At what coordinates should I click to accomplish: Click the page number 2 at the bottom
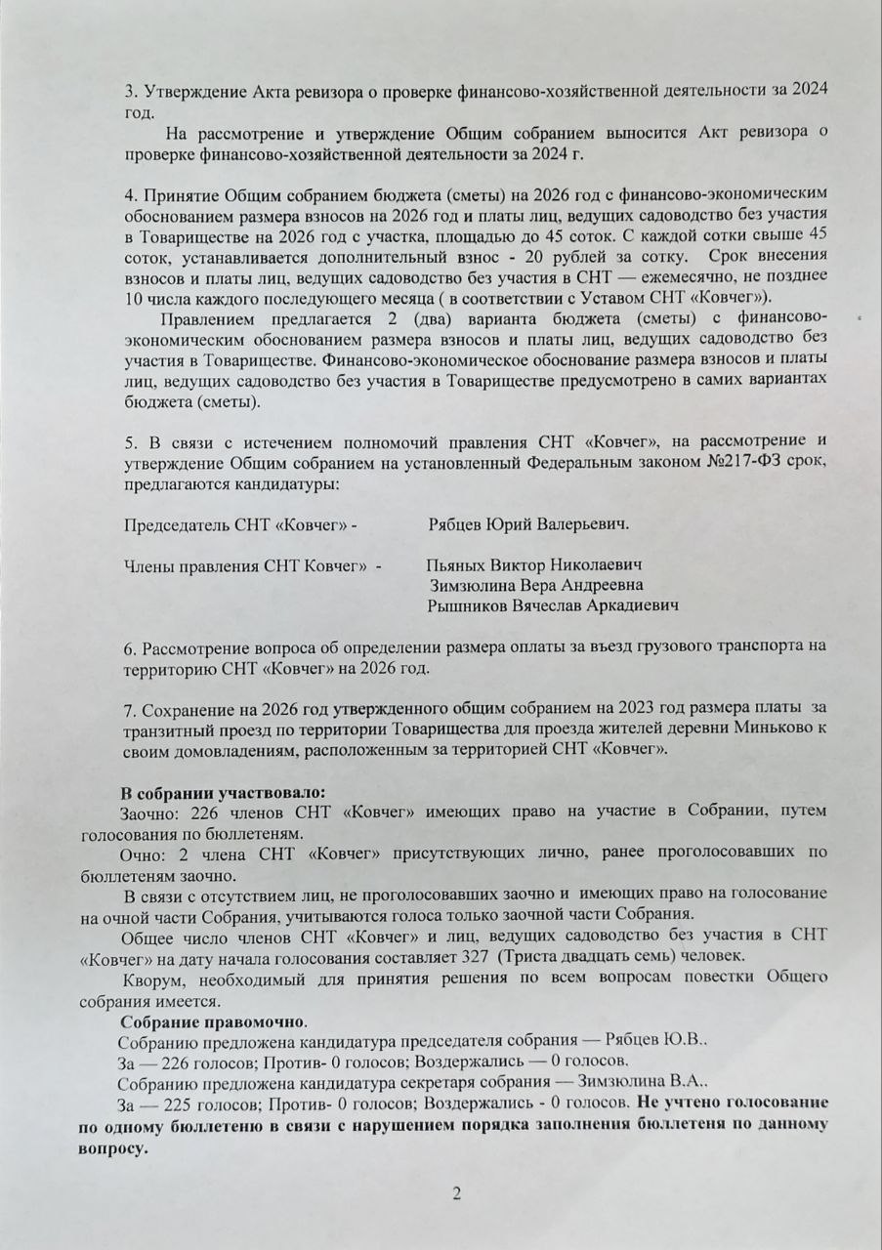455,1194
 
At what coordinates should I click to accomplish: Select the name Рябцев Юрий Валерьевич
528,524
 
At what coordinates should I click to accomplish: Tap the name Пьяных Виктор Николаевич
534,565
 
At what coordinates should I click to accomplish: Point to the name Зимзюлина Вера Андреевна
535,585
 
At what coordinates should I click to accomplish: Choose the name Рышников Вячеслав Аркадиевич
553,605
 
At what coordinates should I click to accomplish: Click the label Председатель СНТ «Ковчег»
240,524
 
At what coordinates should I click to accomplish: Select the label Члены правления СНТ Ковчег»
246,565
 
